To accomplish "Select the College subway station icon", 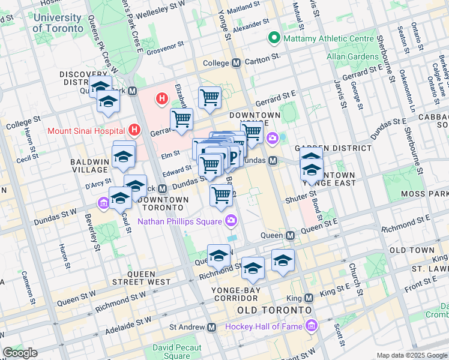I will tap(237, 62).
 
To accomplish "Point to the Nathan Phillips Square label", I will tap(181, 221).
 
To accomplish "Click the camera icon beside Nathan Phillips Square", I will tap(231, 221).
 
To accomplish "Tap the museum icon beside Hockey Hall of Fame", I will tap(311, 326).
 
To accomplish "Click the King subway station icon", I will tap(309, 298).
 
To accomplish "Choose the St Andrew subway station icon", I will tap(211, 328).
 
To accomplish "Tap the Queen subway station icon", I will tap(290, 236).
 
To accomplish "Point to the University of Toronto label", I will tap(58, 23).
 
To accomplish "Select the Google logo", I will tap(20, 353).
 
